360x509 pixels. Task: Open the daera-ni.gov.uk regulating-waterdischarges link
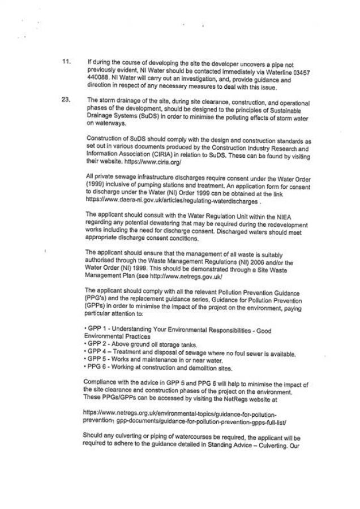pos(172,200)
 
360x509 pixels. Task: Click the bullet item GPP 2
pos(96,343)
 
